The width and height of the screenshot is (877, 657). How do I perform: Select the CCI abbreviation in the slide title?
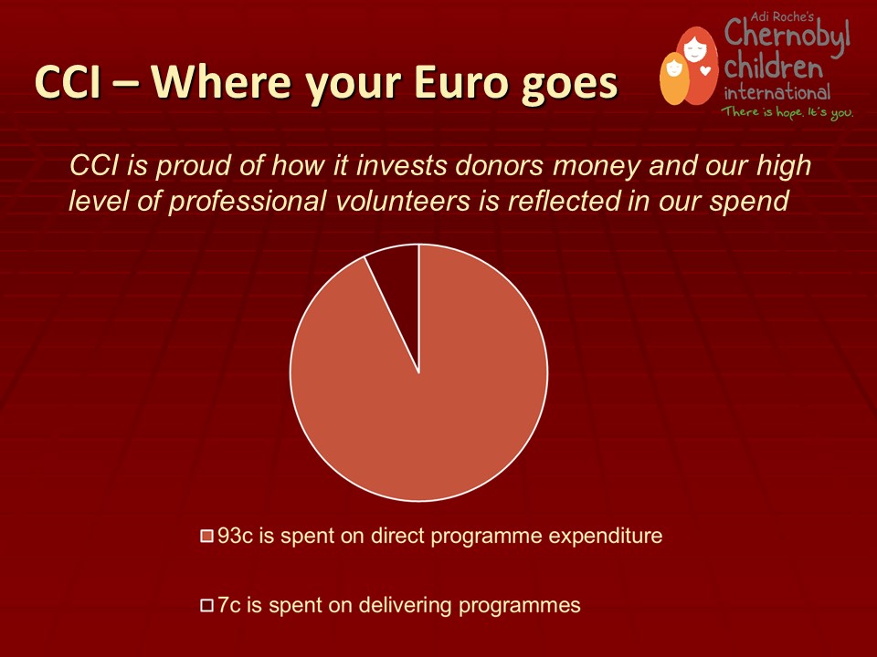point(68,82)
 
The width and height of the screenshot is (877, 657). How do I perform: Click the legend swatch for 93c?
point(207,537)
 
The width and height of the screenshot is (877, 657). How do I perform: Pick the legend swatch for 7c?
point(207,606)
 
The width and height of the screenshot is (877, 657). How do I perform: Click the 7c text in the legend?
point(229,605)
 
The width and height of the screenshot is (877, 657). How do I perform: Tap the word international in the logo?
point(777,91)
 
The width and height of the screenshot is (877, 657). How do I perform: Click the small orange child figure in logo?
point(674,78)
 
